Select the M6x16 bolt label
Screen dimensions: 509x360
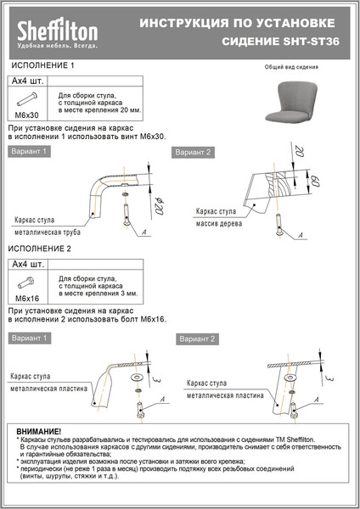[x=27, y=299]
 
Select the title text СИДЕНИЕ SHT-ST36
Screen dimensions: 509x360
[x=281, y=41]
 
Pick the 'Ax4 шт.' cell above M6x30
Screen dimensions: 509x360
[x=27, y=81]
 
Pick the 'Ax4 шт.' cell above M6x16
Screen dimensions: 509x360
[x=27, y=266]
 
